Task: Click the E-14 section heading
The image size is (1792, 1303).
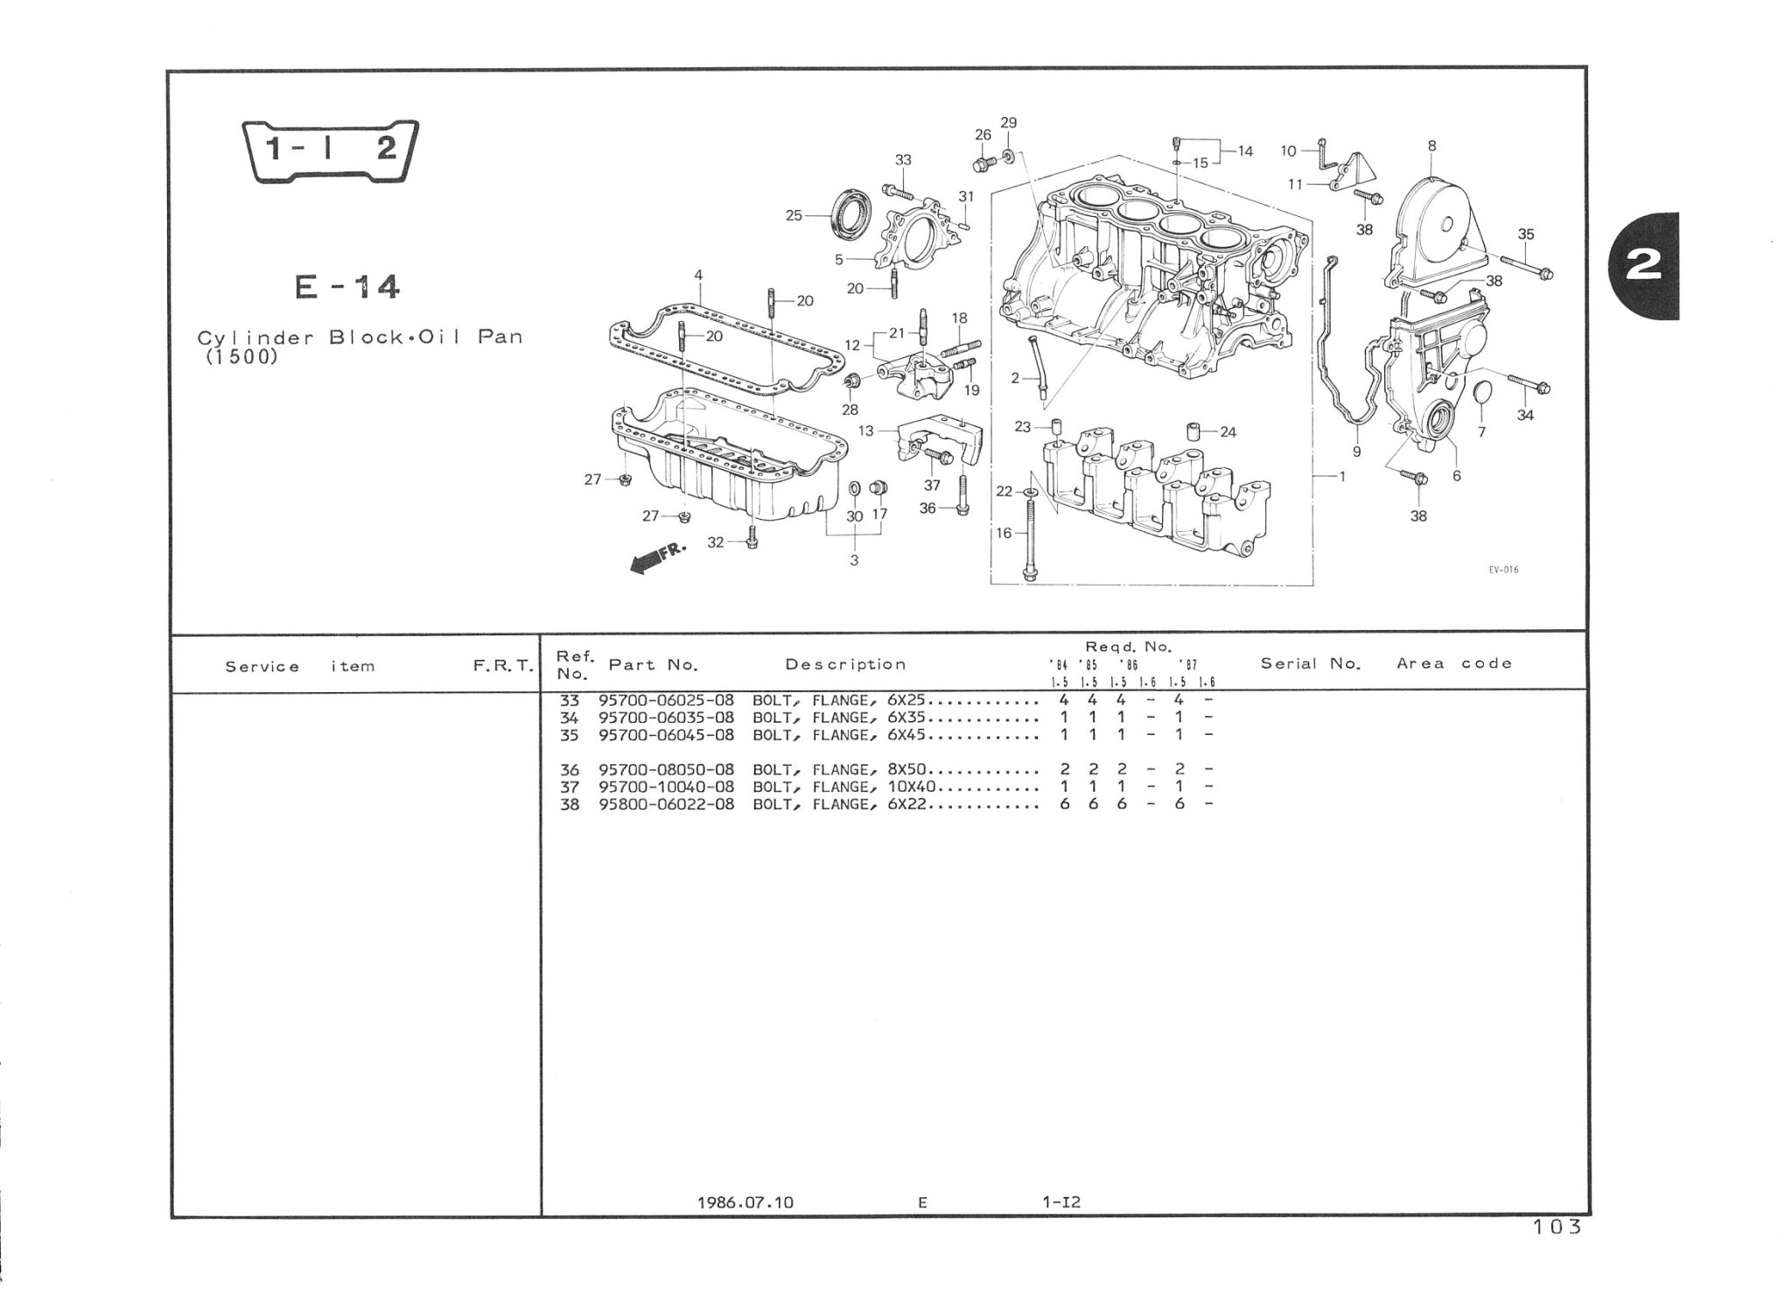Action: click(x=347, y=287)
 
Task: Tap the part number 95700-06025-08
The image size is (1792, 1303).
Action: click(x=666, y=700)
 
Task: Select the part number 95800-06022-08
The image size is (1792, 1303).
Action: click(x=666, y=804)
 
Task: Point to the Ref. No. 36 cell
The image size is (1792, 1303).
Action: click(x=570, y=770)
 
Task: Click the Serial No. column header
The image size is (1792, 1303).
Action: click(x=1311, y=663)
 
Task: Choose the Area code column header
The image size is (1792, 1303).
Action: click(x=1454, y=663)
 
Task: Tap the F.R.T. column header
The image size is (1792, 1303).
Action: click(x=503, y=666)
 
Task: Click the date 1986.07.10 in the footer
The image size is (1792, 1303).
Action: click(x=745, y=1202)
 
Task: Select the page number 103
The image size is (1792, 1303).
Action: click(x=1558, y=1227)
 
